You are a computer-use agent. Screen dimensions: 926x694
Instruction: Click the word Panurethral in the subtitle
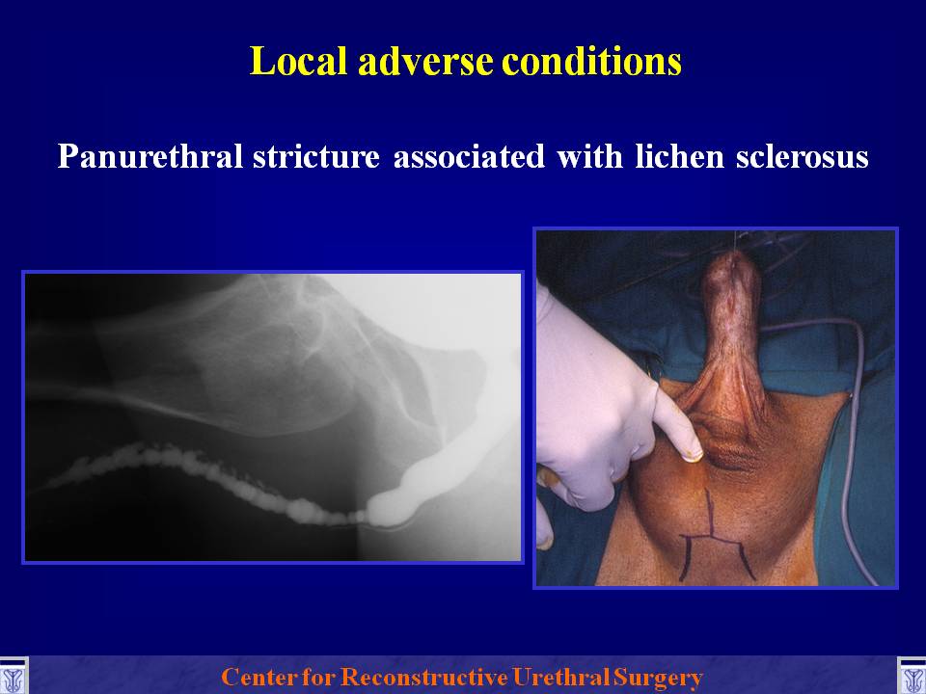(150, 156)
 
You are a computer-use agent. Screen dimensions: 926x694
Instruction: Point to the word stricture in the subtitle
(316, 156)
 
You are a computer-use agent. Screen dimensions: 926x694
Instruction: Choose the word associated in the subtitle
(469, 156)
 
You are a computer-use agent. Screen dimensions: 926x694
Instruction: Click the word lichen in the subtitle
(680, 156)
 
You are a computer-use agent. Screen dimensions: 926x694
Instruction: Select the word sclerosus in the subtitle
(802, 156)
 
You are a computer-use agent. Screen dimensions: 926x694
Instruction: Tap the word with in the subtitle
(589, 156)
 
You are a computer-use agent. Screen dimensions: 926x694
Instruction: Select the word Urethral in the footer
(561, 677)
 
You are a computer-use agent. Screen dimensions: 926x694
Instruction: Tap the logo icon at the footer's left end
(13, 676)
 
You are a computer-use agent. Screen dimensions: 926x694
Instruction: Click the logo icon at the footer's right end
(912, 676)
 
